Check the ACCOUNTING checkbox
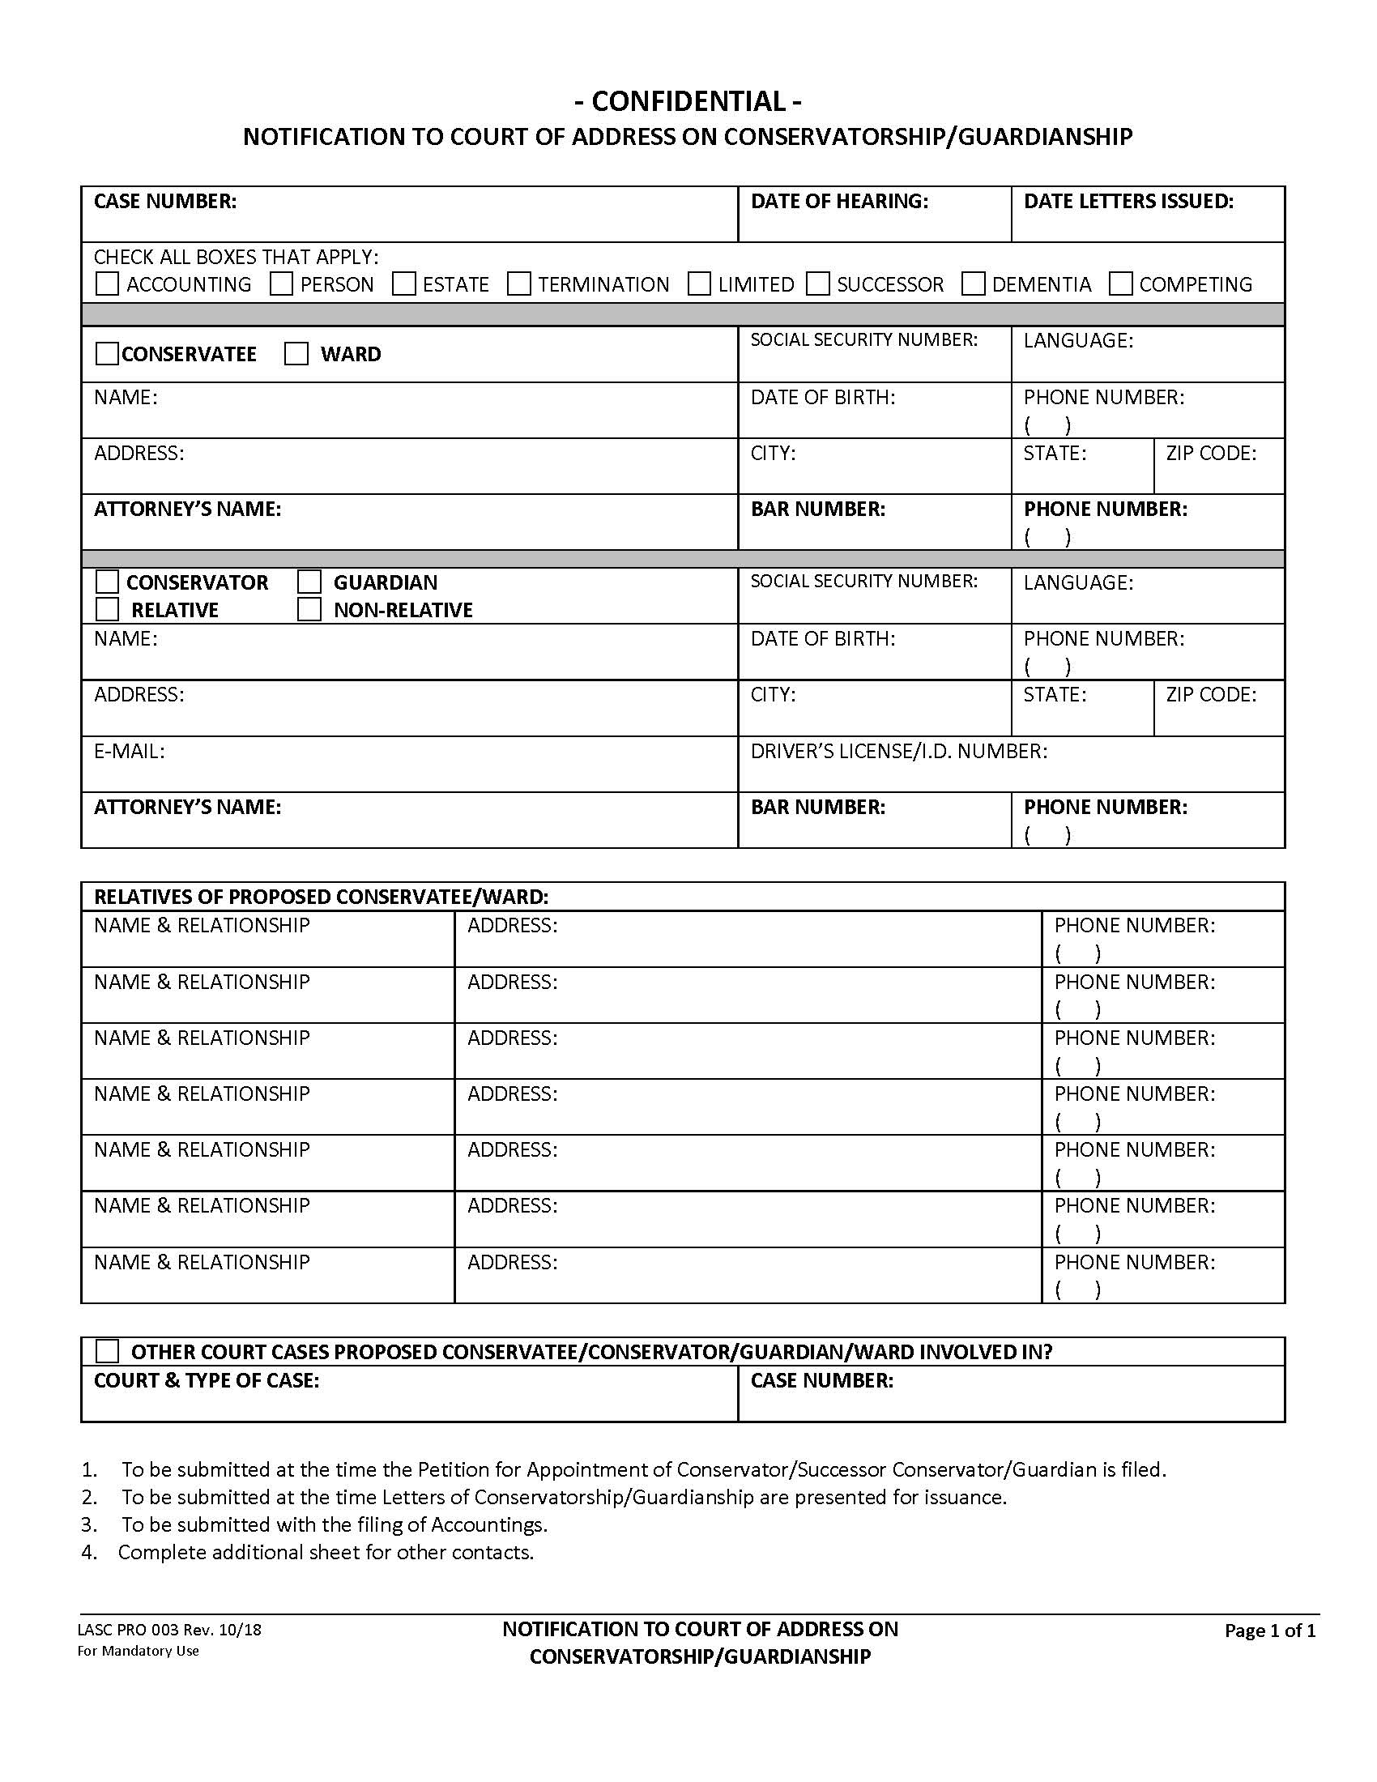(x=107, y=284)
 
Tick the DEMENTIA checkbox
(x=972, y=284)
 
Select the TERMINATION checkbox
(x=519, y=284)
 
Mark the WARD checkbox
(x=296, y=354)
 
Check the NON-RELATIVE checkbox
(x=309, y=609)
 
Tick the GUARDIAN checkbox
(x=309, y=582)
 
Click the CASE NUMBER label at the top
(x=164, y=202)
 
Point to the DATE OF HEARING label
(x=838, y=202)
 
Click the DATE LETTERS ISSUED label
(x=1128, y=202)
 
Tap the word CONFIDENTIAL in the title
(x=688, y=101)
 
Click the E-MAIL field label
(x=129, y=751)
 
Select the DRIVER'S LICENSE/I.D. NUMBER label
(x=898, y=751)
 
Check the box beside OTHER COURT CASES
(x=107, y=1351)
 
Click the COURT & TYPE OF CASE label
(x=207, y=1380)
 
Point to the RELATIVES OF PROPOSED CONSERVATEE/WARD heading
(x=321, y=897)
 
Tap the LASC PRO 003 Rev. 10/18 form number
(x=168, y=1631)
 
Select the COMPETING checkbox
(x=1121, y=284)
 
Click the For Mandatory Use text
(x=138, y=1651)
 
